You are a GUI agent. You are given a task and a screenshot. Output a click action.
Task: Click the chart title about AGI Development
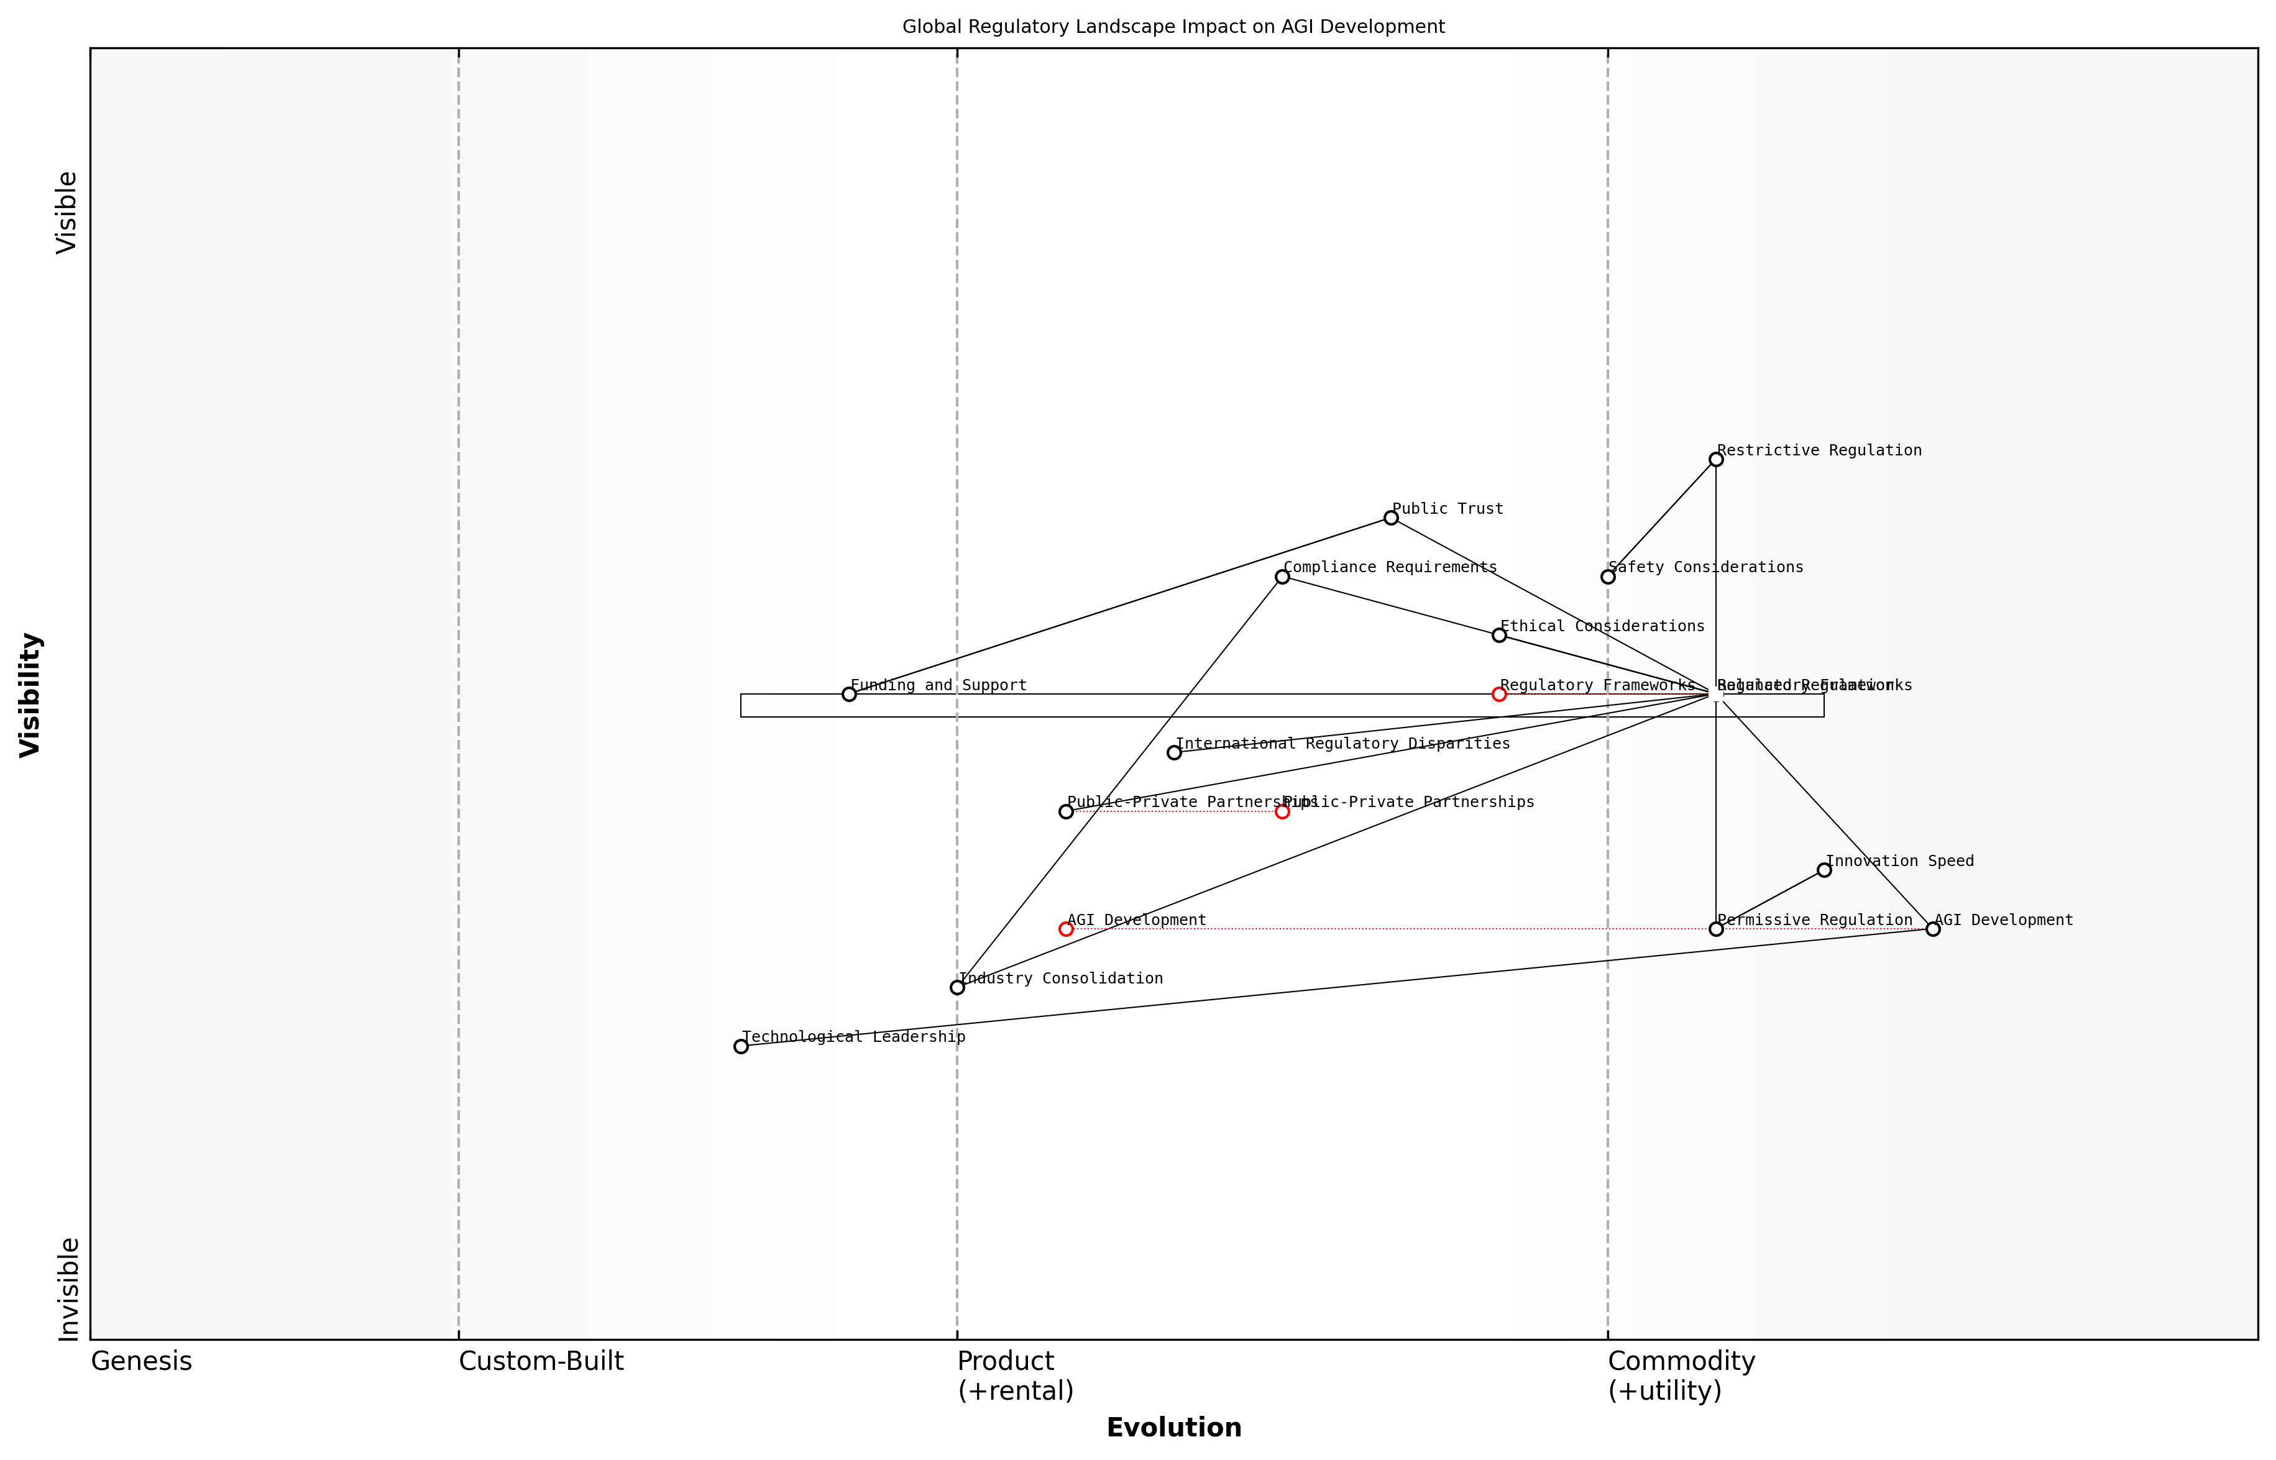coord(1173,27)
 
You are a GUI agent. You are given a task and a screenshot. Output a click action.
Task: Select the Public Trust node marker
coord(1390,518)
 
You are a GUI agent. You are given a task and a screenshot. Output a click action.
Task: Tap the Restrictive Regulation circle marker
coord(1715,460)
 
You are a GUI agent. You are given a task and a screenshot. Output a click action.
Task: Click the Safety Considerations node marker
coord(1607,577)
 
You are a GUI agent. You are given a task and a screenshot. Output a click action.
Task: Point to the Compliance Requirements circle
coord(1282,577)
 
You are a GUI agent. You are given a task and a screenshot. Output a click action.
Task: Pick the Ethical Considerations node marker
coord(1498,635)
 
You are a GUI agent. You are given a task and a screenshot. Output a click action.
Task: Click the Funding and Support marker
coord(849,694)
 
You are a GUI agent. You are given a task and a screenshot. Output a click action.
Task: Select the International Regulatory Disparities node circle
coord(1174,753)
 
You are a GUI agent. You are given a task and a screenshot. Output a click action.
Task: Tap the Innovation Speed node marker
coord(1824,870)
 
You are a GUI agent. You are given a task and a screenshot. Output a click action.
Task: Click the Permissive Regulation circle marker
coord(1715,929)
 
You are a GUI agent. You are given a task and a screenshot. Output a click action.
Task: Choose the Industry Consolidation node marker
coord(957,988)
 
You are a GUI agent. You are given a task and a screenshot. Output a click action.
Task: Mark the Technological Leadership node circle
coord(741,1047)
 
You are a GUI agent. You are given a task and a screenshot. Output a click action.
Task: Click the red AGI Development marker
coord(1066,929)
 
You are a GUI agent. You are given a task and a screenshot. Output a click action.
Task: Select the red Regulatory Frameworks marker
coord(1498,694)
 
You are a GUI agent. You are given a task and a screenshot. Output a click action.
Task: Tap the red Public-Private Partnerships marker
coord(1282,811)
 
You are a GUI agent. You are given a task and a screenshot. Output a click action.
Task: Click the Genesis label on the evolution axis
coord(141,1361)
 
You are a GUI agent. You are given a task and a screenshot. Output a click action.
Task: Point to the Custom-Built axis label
coord(541,1361)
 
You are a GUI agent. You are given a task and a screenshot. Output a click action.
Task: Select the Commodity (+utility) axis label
coord(1681,1376)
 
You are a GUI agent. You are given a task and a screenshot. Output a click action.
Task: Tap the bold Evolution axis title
coord(1173,1428)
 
